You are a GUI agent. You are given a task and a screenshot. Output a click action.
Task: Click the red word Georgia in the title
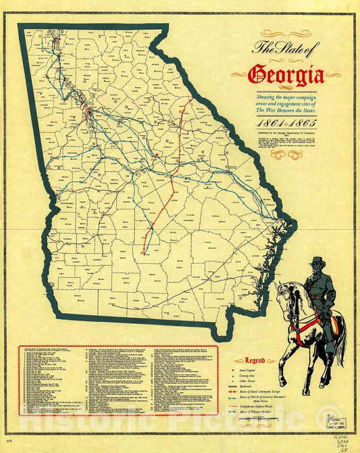[x=286, y=74]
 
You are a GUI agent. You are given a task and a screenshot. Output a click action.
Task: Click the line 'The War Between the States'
[x=284, y=112]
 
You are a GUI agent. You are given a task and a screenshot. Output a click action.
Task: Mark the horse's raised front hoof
[x=283, y=354]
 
